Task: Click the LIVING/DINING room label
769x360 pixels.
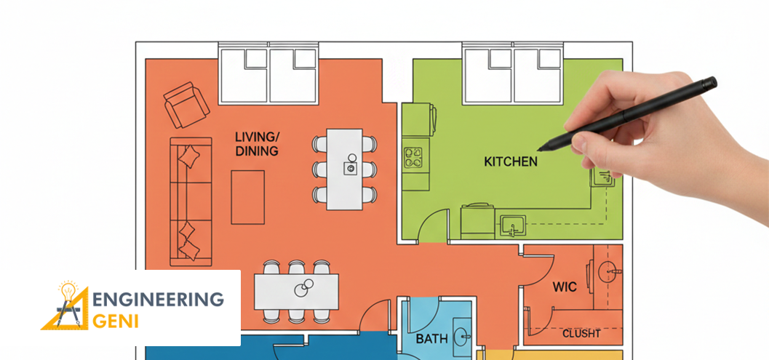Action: click(257, 144)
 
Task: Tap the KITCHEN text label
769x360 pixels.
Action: click(511, 161)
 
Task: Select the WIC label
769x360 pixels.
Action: click(565, 287)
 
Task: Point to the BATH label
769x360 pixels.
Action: click(431, 339)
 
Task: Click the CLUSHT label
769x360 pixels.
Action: click(581, 334)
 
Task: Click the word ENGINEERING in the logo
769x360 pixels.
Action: click(159, 299)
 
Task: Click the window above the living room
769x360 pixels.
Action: click(269, 74)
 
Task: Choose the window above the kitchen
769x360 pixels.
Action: click(512, 74)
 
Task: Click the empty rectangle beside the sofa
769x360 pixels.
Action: click(247, 196)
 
